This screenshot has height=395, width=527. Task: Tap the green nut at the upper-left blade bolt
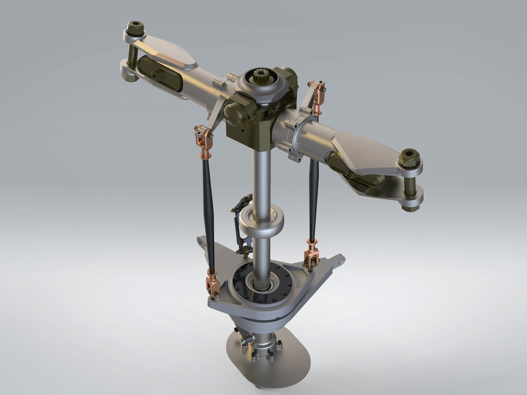(135, 28)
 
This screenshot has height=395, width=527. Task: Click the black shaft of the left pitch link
(208, 210)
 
